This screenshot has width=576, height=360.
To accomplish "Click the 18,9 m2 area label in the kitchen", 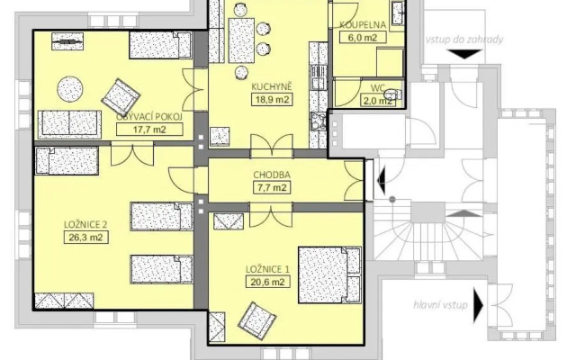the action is coord(272,100).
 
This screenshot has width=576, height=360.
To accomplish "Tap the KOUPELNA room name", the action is coord(363,25).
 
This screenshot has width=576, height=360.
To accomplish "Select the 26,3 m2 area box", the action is coord(86,237).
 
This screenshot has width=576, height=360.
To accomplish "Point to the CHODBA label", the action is coord(272,175).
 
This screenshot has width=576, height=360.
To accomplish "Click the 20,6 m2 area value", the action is coord(267,282).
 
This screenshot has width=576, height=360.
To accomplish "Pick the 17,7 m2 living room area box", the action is coord(149,130).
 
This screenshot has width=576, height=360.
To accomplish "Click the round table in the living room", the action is coord(70,89).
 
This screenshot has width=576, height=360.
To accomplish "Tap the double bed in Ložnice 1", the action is coord(329,274).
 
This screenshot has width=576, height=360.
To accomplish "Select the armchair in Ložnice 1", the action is coord(256,317).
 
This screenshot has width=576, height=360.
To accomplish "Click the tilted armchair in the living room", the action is coord(121,96).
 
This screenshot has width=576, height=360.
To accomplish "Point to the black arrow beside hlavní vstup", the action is coord(478,305).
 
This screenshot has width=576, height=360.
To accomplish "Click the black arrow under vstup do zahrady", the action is coord(465,54).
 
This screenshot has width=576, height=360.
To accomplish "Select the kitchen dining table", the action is coord(241,40).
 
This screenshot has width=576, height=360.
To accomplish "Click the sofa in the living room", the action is coord(69,124).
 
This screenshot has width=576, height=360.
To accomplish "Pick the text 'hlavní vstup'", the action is coord(440,305).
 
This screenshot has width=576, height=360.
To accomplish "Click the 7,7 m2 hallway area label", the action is coord(272,187).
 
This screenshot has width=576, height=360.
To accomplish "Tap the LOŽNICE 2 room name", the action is coord(85,224).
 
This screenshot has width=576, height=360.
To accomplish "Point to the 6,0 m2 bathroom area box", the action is coord(363,37).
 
